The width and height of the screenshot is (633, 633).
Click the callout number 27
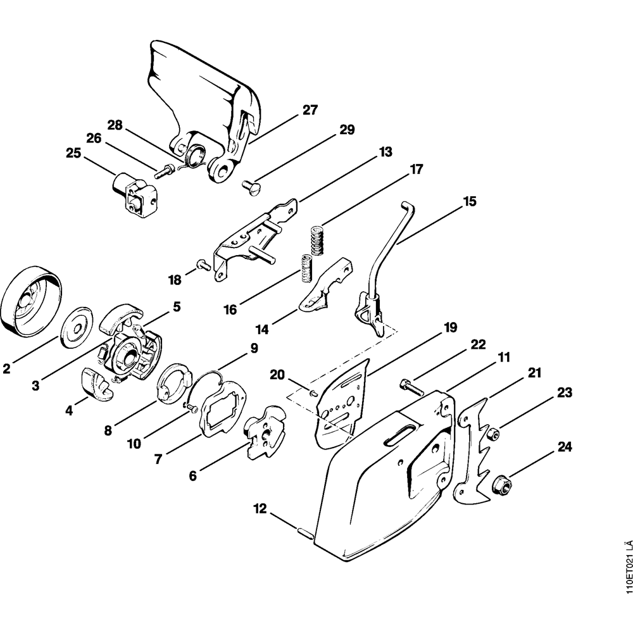click(309, 110)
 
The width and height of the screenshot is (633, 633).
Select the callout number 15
click(470, 202)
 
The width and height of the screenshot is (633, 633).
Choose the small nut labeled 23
click(492, 433)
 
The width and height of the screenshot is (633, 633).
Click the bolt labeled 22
click(410, 385)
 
